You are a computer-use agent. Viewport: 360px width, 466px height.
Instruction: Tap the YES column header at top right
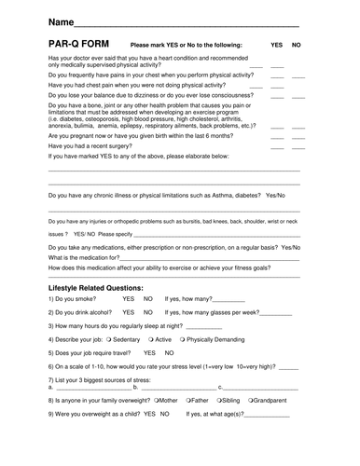(276, 45)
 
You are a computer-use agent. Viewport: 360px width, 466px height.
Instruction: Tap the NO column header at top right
(297, 45)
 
